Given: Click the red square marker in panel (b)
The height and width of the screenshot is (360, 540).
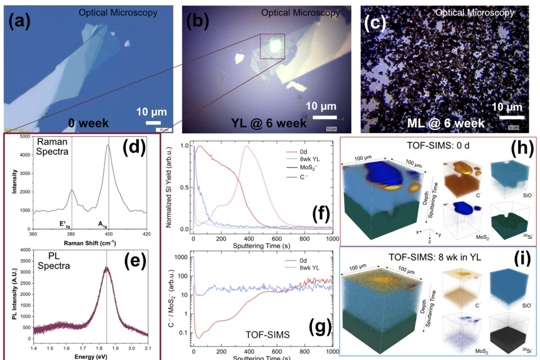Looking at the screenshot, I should [x=272, y=47].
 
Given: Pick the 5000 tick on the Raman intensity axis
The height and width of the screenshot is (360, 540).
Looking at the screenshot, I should [x=24, y=136].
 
